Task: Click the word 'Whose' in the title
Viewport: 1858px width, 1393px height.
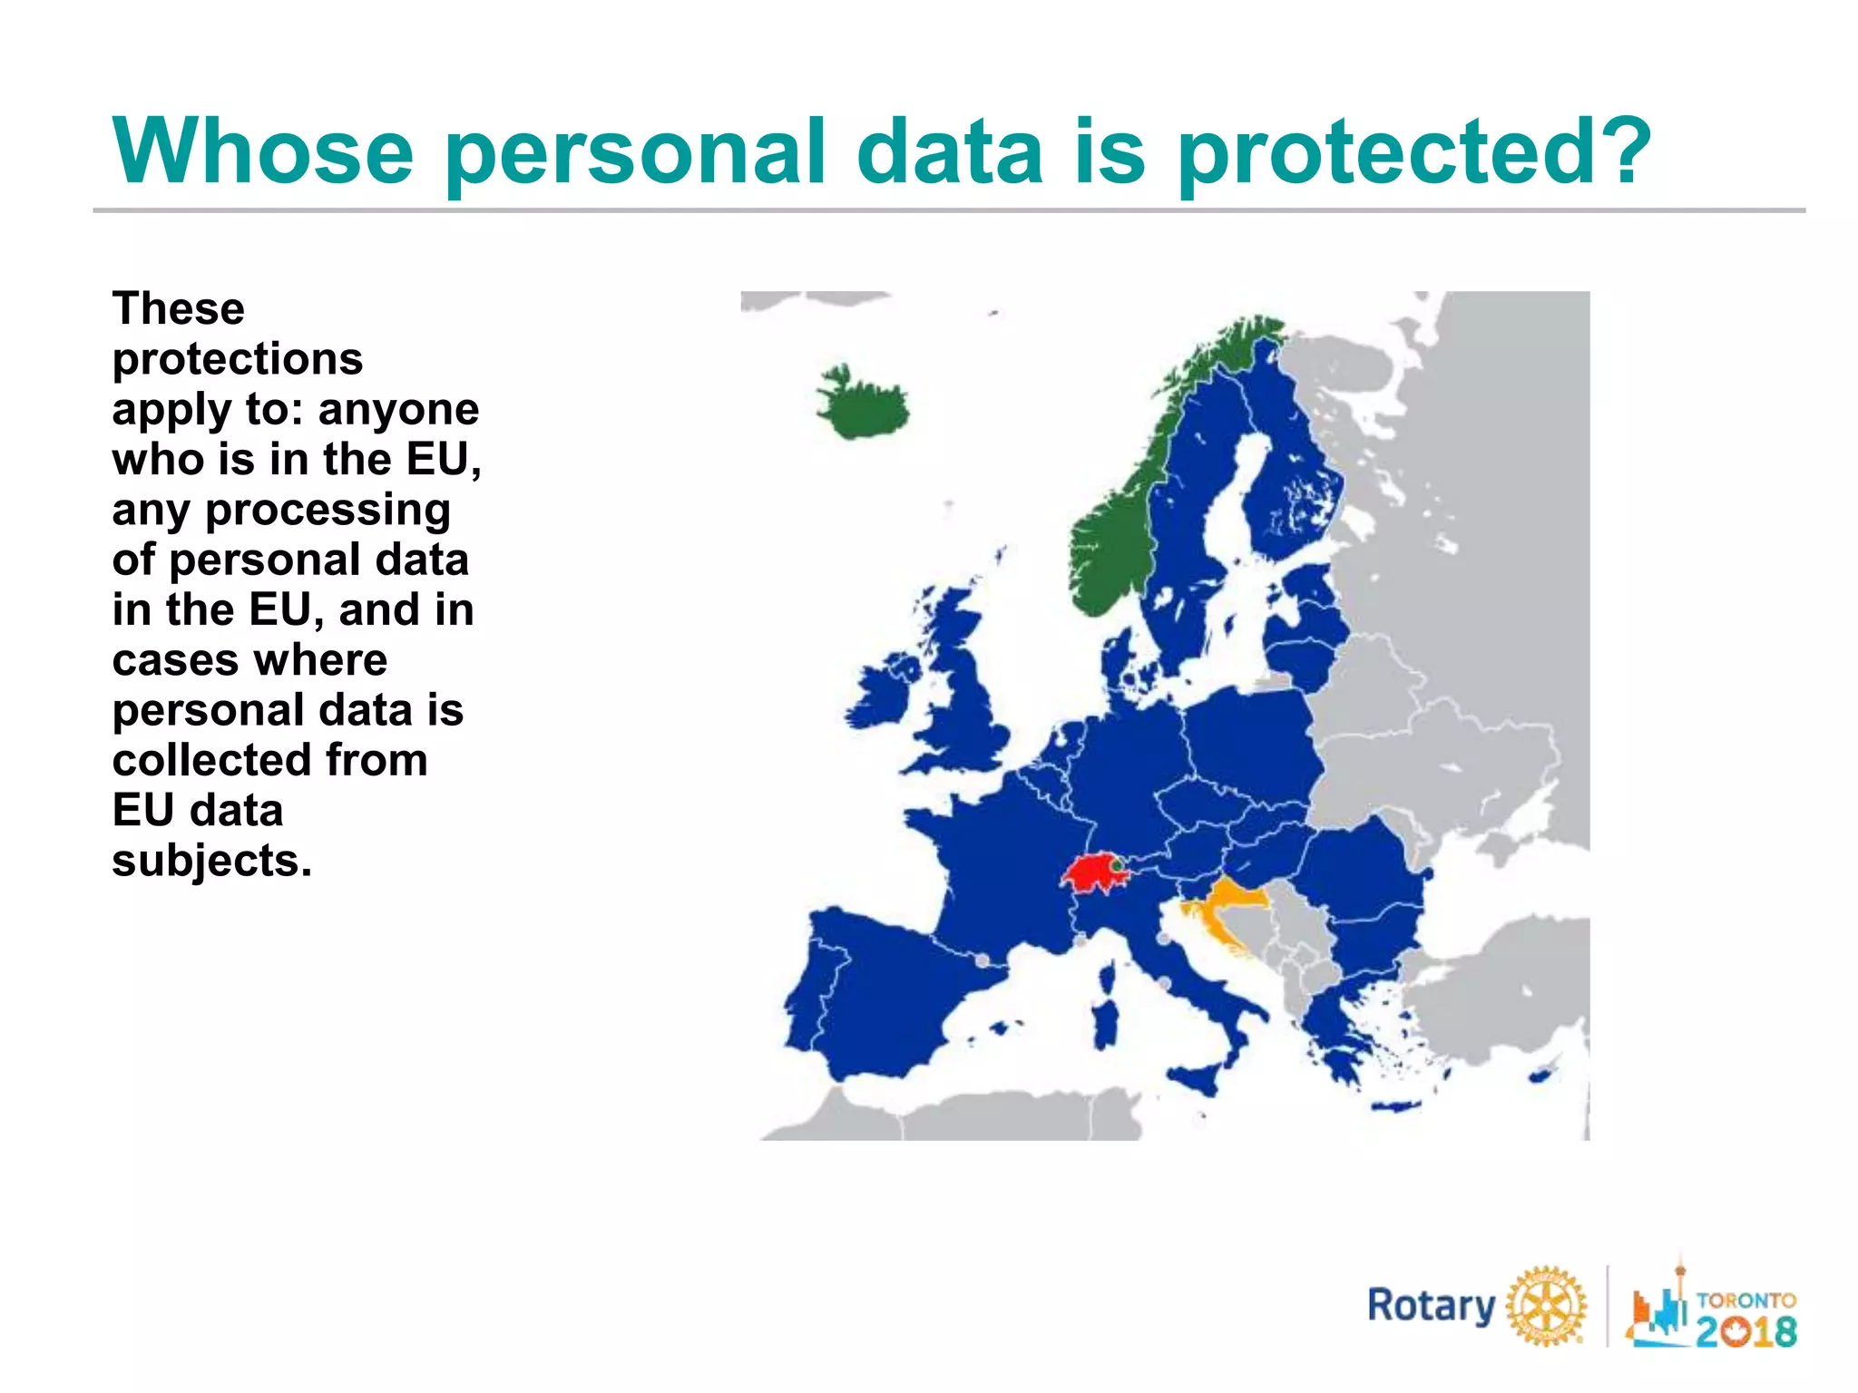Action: (263, 151)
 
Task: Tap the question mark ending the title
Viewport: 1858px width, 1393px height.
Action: (1622, 151)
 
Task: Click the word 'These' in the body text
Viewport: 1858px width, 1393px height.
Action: (179, 309)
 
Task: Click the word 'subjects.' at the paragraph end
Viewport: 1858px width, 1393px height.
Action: (211, 862)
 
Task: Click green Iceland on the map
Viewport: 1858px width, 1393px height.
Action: (862, 404)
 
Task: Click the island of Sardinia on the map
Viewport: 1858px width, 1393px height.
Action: (1106, 1020)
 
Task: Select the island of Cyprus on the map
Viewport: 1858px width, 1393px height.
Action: (1539, 1076)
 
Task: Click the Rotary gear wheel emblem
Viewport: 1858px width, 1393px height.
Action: (1546, 1307)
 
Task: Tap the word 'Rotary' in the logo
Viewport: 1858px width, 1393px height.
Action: (1431, 1307)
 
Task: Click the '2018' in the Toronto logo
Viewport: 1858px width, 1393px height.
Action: (1746, 1331)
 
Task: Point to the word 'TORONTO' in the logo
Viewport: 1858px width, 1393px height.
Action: (1746, 1300)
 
